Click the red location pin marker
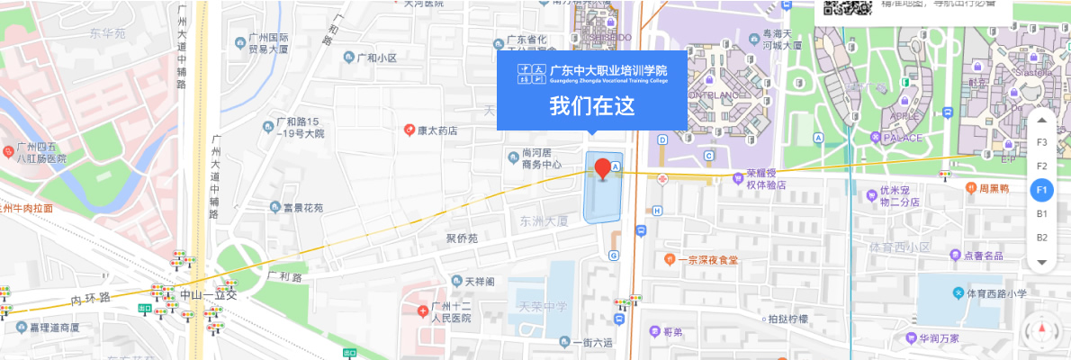tap(603, 167)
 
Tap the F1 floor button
tap(1041, 190)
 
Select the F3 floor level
tap(1041, 142)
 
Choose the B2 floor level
tap(1041, 238)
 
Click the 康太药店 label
tap(436, 130)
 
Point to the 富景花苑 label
tap(302, 208)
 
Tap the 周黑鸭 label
tap(995, 188)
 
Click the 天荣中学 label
tap(542, 307)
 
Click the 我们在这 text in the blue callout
tap(592, 106)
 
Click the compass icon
tap(1043, 330)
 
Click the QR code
tap(848, 7)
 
